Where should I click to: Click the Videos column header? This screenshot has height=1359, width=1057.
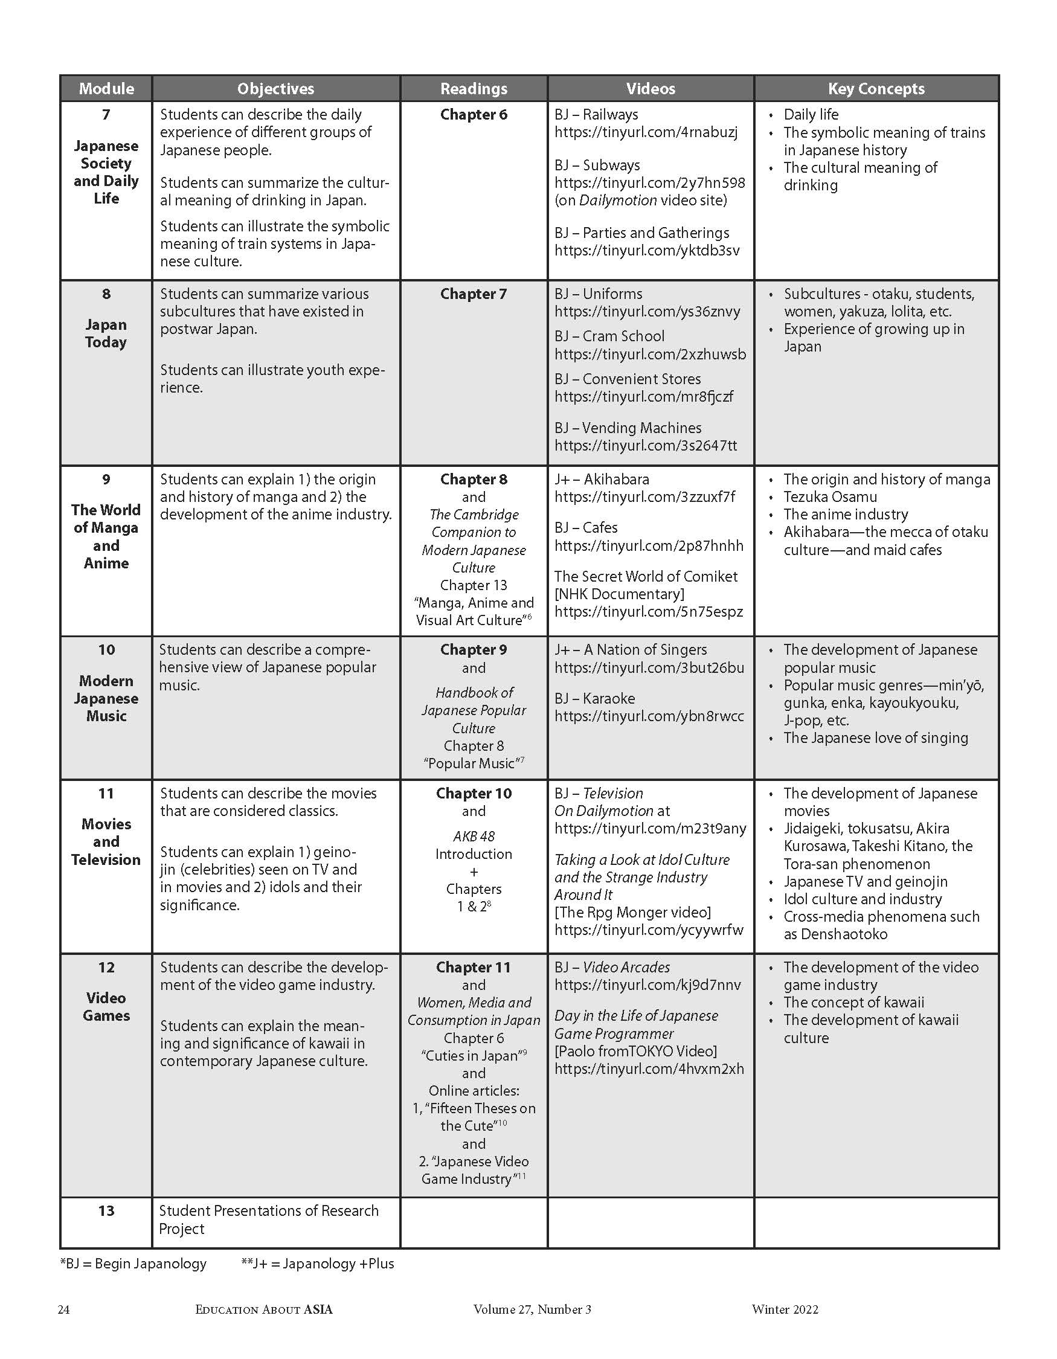pos(650,88)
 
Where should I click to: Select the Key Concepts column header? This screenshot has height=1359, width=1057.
pos(876,88)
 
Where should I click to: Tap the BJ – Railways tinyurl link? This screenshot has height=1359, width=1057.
pos(646,132)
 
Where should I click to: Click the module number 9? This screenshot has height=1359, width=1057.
pos(106,479)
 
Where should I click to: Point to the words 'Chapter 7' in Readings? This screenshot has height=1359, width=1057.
pos(474,294)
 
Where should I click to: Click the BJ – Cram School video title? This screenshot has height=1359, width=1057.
pos(609,336)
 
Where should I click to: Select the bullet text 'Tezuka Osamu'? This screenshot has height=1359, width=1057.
pos(830,496)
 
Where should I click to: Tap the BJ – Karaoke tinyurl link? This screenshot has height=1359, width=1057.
pos(649,716)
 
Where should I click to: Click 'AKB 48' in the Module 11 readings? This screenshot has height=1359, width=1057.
pos(474,837)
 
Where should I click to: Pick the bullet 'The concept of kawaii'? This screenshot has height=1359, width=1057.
pos(853,1003)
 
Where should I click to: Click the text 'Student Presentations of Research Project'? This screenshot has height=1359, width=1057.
pos(268,1219)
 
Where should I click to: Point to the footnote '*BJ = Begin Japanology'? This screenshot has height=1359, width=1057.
pos(133,1264)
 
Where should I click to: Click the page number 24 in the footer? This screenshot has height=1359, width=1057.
pos(64,1309)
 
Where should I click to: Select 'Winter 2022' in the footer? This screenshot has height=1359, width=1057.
pos(785,1309)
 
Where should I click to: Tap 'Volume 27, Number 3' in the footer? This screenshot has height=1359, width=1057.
pos(532,1309)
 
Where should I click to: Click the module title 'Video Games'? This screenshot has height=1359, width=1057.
pos(106,1007)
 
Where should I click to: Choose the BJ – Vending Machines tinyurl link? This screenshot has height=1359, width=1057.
pos(646,446)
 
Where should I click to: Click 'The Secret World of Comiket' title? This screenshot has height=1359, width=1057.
pos(646,576)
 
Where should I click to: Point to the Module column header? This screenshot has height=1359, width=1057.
pos(106,88)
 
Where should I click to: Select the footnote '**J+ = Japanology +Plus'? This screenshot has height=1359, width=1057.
pos(317,1264)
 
